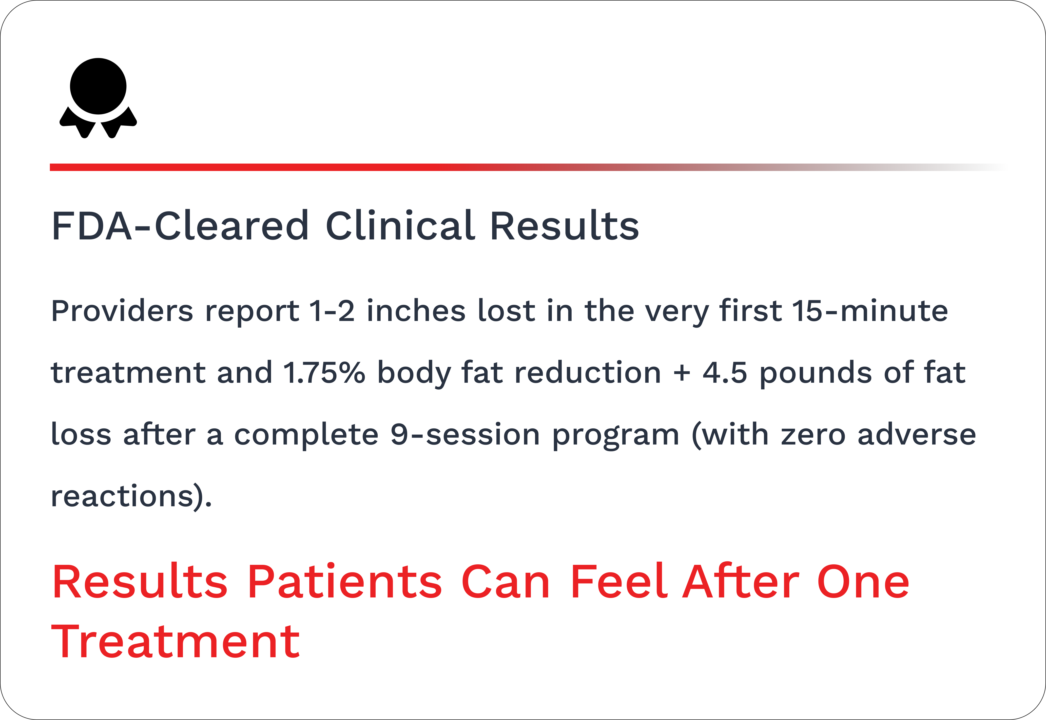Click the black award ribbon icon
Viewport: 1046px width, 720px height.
pos(98,97)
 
